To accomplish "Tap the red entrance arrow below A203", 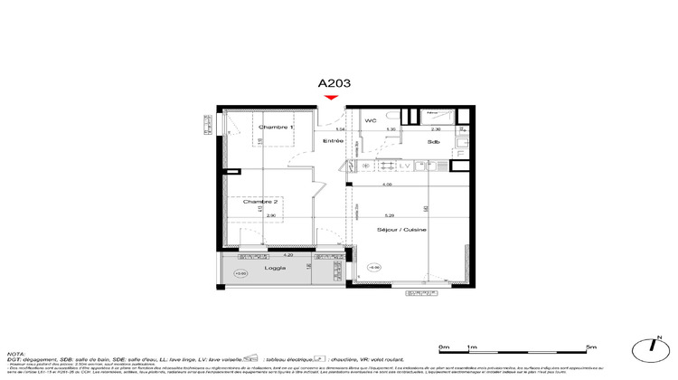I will [332, 98].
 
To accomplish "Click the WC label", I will [371, 120].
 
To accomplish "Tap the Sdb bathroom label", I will [433, 143].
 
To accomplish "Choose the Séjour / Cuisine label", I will [403, 231].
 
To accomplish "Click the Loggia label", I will [276, 269].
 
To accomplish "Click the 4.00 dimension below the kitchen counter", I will [387, 185].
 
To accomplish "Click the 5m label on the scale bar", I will [591, 347].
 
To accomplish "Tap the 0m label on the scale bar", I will [443, 347].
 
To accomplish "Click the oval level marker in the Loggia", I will [240, 272].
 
